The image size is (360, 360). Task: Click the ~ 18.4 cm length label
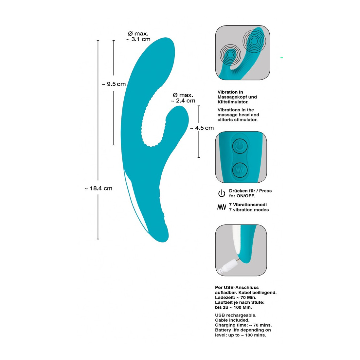click(x=99, y=189)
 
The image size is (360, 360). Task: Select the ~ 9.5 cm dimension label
click(x=114, y=84)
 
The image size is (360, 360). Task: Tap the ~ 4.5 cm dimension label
click(x=202, y=128)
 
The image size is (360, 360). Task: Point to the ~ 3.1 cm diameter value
click(x=138, y=39)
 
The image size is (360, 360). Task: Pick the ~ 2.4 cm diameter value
click(x=183, y=101)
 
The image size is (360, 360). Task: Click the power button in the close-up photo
click(x=240, y=146)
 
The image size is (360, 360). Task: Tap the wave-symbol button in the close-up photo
click(x=240, y=170)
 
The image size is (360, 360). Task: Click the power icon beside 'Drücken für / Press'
click(x=222, y=193)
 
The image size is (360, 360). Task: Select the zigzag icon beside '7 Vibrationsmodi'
click(x=222, y=207)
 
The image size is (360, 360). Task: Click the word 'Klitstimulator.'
click(x=233, y=102)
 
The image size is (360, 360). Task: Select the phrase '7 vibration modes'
click(x=249, y=210)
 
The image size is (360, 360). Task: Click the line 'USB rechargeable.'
click(x=236, y=315)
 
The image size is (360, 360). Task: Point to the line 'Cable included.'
click(x=232, y=320)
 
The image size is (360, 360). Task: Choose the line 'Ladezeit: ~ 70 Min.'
click(x=236, y=297)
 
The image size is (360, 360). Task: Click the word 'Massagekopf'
click(x=232, y=97)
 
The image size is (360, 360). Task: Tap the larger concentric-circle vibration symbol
click(x=254, y=41)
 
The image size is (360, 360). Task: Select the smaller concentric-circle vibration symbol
click(x=230, y=55)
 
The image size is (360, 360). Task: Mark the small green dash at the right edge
click(x=281, y=58)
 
